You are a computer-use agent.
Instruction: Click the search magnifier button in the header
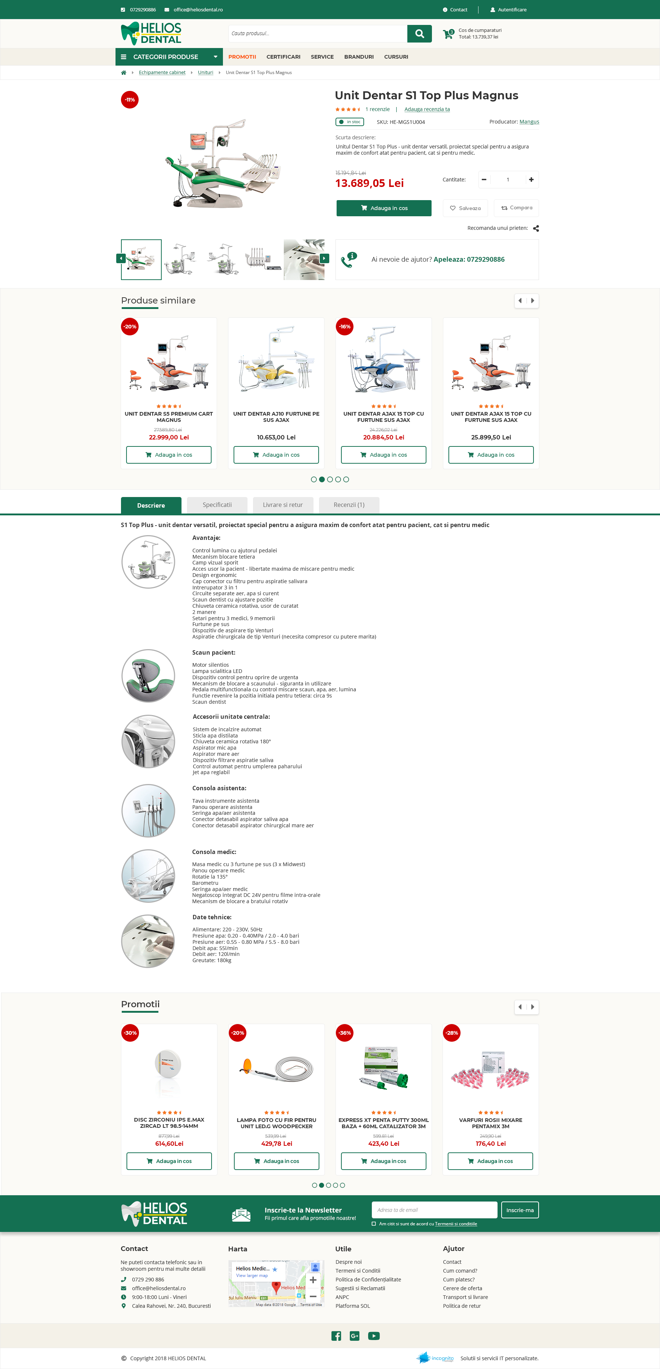[419, 33]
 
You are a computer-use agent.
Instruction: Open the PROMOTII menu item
[242, 57]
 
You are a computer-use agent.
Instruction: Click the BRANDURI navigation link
[359, 57]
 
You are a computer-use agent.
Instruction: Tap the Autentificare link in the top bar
[511, 10]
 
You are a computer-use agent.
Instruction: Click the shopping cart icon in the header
[448, 34]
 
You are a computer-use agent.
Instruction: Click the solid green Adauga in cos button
[384, 208]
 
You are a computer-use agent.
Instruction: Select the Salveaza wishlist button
[465, 208]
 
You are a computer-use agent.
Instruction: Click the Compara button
[516, 208]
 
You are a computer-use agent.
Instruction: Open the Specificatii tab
[217, 505]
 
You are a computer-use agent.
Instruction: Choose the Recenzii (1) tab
[349, 505]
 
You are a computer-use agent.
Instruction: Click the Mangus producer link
[529, 122]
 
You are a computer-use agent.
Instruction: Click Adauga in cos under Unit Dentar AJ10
[276, 455]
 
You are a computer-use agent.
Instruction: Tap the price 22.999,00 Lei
[169, 437]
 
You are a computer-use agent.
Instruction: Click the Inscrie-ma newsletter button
[520, 1210]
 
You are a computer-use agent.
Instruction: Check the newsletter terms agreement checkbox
[374, 1224]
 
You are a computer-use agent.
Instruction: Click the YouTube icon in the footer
[374, 1336]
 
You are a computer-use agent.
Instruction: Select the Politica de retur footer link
[462, 1306]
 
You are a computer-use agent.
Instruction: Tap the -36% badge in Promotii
[345, 1033]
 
